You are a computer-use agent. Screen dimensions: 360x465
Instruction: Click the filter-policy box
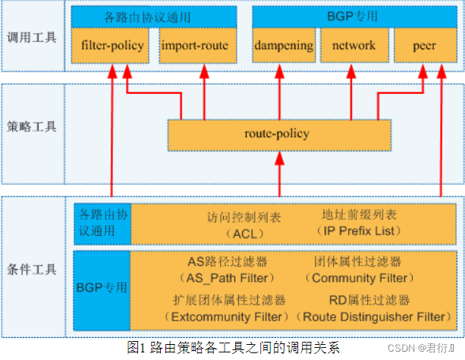tap(112, 46)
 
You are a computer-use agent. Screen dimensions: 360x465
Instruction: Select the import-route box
tap(195, 46)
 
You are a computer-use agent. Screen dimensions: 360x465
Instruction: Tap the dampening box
tap(283, 46)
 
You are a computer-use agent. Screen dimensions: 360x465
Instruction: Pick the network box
tap(353, 46)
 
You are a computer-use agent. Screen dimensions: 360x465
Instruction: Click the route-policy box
tap(279, 133)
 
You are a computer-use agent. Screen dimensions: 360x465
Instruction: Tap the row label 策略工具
tap(31, 127)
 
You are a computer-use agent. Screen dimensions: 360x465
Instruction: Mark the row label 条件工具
tap(31, 269)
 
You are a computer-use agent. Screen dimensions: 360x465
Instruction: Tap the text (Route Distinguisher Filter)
tap(371, 315)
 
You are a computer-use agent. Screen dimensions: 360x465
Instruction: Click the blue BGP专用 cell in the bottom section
tap(102, 288)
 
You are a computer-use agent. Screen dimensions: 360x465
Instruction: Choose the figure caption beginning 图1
tap(234, 347)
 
